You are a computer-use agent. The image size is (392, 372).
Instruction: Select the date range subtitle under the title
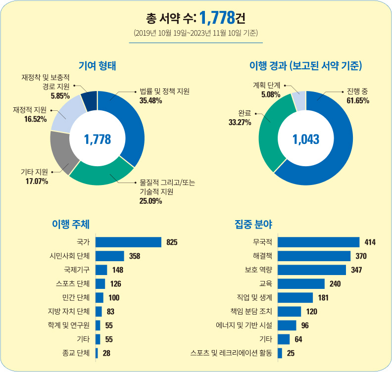click(x=196, y=34)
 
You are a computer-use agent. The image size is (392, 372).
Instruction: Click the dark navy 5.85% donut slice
click(x=90, y=101)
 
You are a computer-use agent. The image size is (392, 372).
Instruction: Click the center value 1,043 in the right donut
click(x=306, y=139)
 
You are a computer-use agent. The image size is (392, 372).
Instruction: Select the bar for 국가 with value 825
click(x=128, y=242)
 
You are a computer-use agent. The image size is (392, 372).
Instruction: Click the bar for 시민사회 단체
click(x=109, y=256)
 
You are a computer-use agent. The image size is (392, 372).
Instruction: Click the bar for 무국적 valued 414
click(x=318, y=242)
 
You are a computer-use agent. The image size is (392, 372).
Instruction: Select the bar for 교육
click(x=301, y=283)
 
